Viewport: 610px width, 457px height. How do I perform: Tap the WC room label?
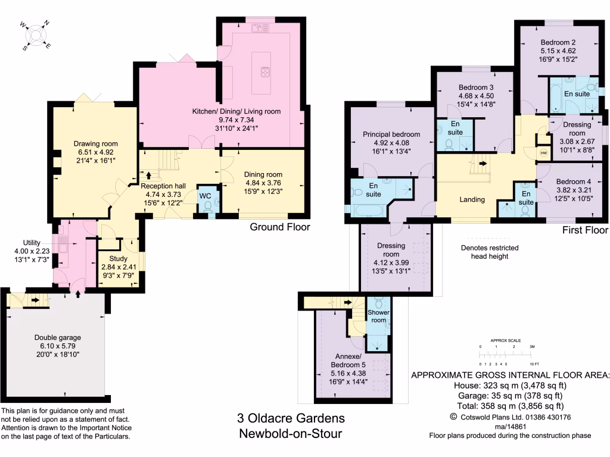point(204,195)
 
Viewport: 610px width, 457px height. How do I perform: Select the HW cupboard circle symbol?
point(543,153)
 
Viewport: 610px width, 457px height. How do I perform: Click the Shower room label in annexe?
point(378,316)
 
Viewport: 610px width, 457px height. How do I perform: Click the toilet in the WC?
point(207,206)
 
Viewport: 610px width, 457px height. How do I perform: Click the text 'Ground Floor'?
point(279,227)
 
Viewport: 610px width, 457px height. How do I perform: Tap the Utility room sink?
point(63,242)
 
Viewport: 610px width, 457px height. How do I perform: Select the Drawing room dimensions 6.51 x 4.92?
point(95,152)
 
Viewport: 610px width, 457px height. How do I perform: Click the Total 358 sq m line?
point(510,406)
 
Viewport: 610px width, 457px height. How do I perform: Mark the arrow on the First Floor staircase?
point(482,162)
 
